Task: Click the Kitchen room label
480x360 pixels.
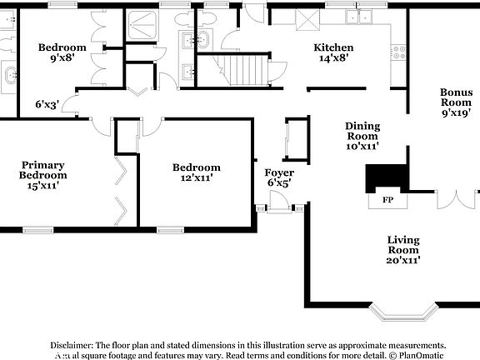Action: pos(333,47)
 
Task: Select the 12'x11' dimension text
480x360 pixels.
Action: pos(197,177)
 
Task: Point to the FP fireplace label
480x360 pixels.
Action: pos(387,200)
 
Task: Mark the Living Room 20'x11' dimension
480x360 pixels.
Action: pos(402,260)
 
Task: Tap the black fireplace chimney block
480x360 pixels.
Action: pos(387,176)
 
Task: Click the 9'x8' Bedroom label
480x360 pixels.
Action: pos(62,53)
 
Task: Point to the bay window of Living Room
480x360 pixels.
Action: pos(403,312)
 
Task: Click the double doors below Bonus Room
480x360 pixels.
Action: pos(457,201)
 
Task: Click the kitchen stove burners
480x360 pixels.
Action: pos(400,51)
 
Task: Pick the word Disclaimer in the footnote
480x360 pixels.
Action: pos(72,345)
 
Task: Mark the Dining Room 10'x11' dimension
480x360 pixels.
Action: pos(362,146)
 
